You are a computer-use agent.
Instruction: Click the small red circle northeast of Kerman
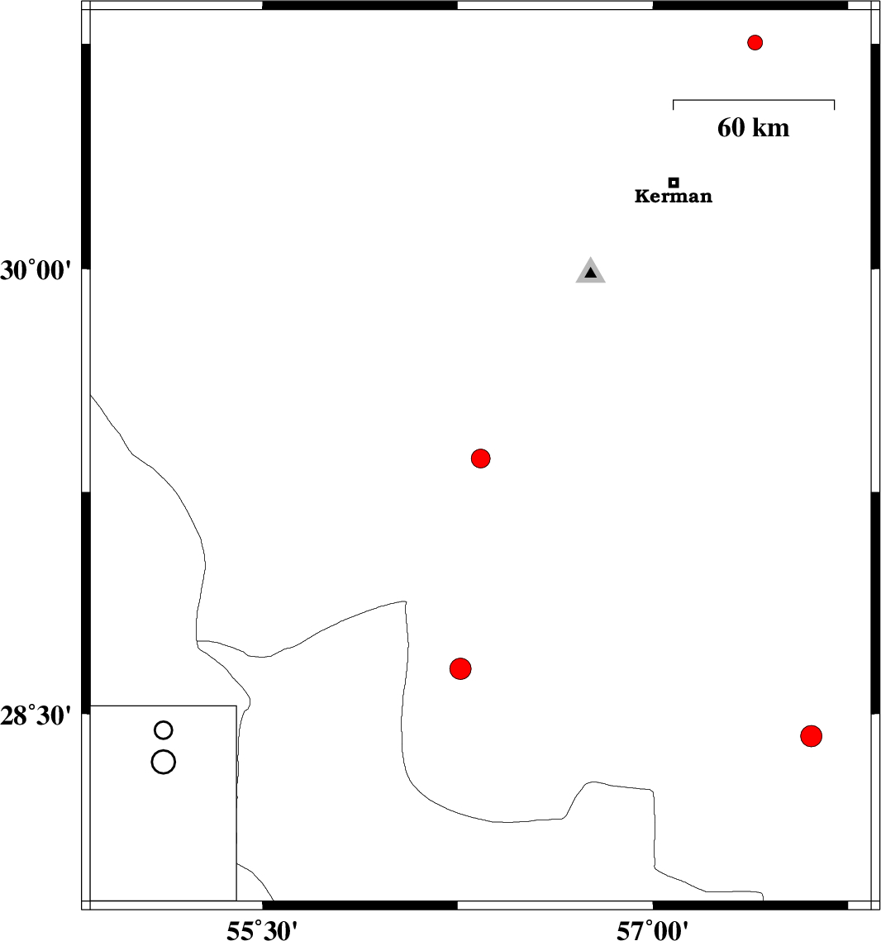point(755,43)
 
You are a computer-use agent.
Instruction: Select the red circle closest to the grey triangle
point(481,459)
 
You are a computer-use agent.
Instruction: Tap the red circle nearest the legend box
point(460,668)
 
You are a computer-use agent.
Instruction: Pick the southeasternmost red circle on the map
point(811,736)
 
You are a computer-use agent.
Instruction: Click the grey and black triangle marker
point(591,272)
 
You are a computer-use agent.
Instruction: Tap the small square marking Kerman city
point(674,183)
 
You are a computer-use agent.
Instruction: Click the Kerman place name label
point(674,197)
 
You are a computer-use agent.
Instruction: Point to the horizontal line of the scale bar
point(754,100)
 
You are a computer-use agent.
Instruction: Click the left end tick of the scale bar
point(674,104)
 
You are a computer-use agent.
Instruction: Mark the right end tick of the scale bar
point(834,104)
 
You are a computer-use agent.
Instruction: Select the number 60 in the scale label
point(731,127)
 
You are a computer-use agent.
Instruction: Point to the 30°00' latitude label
point(36,271)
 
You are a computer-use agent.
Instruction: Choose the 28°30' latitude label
point(36,715)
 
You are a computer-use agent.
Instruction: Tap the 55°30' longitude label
point(262,930)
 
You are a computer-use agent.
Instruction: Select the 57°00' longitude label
point(652,930)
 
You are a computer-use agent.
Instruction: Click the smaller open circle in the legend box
point(164,721)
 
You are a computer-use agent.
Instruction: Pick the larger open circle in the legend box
point(164,751)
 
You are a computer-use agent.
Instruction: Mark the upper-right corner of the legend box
point(236,706)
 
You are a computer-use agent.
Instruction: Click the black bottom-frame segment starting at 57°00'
point(750,905)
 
